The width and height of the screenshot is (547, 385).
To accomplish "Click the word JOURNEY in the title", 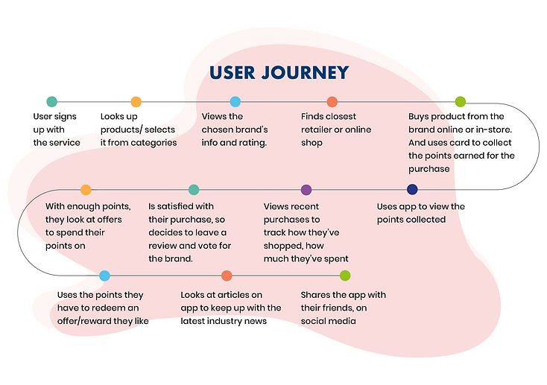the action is [305, 72].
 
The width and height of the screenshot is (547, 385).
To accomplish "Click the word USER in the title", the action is [233, 72].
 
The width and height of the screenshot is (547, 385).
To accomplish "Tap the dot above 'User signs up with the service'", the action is [51, 101].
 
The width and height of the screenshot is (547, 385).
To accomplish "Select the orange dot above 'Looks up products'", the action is [136, 102].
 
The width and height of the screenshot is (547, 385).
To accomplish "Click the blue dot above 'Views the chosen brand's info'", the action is [235, 102].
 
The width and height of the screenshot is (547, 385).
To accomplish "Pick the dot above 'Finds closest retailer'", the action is [332, 102].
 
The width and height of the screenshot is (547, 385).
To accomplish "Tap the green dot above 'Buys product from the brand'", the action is [460, 102].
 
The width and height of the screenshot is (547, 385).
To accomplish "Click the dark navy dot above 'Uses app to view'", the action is [412, 189].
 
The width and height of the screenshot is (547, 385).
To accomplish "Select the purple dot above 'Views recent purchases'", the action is [306, 190].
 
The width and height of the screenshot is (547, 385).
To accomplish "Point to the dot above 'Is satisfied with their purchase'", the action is [194, 190].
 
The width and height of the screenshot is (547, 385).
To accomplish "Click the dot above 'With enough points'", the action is [86, 190].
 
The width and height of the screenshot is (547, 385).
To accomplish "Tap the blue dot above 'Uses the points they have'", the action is [104, 276].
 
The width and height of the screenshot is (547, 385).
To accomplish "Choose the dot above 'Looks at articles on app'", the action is [227, 276].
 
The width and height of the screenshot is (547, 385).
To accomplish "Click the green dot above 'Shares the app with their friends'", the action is [345, 276].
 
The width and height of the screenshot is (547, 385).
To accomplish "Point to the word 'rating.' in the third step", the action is [252, 143].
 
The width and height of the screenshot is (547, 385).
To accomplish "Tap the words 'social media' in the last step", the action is [328, 321].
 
